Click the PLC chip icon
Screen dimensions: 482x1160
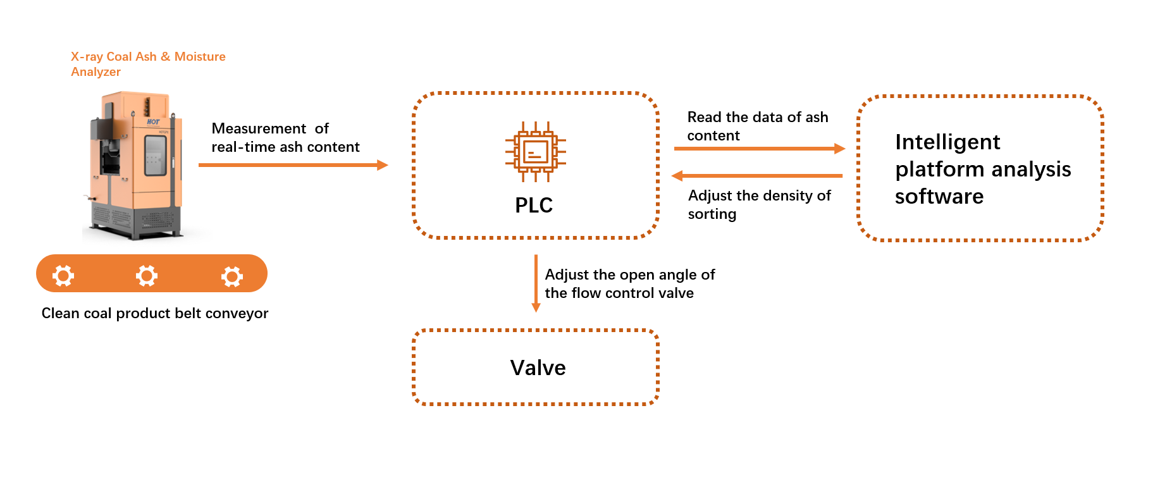535,152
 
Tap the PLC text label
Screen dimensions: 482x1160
534,206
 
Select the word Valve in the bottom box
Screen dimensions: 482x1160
538,368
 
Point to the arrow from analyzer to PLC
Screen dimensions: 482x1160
293,165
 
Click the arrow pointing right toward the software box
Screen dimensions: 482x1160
759,149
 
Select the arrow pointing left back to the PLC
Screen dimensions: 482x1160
757,176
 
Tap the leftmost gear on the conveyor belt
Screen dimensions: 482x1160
63,276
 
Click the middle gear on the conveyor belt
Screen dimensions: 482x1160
147,276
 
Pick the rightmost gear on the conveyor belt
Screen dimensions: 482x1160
231,276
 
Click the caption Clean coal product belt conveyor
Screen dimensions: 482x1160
155,314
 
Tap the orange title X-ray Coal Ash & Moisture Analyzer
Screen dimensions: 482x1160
148,64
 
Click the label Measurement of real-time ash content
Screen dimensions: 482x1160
285,138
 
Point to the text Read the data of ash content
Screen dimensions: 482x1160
757,127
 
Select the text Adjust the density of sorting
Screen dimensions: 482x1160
759,204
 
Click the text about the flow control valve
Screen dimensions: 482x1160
629,284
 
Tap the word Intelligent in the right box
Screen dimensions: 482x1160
947,142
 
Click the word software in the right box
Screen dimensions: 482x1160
939,197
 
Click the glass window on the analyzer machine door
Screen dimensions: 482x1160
155,155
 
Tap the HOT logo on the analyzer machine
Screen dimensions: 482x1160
153,121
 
